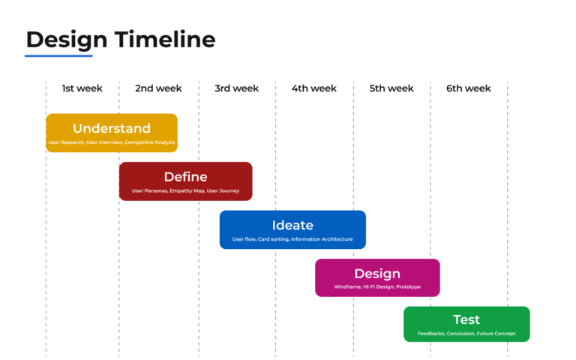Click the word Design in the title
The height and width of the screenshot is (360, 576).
67,40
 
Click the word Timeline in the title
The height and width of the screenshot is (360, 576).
165,39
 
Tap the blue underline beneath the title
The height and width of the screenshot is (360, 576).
58,55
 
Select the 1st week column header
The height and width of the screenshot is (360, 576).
82,88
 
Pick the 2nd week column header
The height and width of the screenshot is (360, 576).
158,88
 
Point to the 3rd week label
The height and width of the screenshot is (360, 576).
236,88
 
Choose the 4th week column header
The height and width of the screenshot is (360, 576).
314,88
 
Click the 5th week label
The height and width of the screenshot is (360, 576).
391,88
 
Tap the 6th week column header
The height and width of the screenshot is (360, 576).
469,88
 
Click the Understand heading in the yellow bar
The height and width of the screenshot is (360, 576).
112,128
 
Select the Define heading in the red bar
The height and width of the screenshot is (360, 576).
185,177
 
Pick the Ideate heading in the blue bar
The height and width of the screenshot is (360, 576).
292,225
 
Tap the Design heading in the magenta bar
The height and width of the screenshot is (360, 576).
377,274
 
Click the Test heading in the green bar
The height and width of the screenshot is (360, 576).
466,319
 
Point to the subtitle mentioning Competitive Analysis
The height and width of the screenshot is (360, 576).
112,142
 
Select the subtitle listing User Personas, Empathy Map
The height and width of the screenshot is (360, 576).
185,190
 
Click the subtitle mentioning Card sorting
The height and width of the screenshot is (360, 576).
292,239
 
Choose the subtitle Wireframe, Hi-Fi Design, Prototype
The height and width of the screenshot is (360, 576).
377,287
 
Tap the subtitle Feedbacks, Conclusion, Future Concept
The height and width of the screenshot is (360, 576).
466,334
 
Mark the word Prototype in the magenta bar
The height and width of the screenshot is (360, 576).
409,287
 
